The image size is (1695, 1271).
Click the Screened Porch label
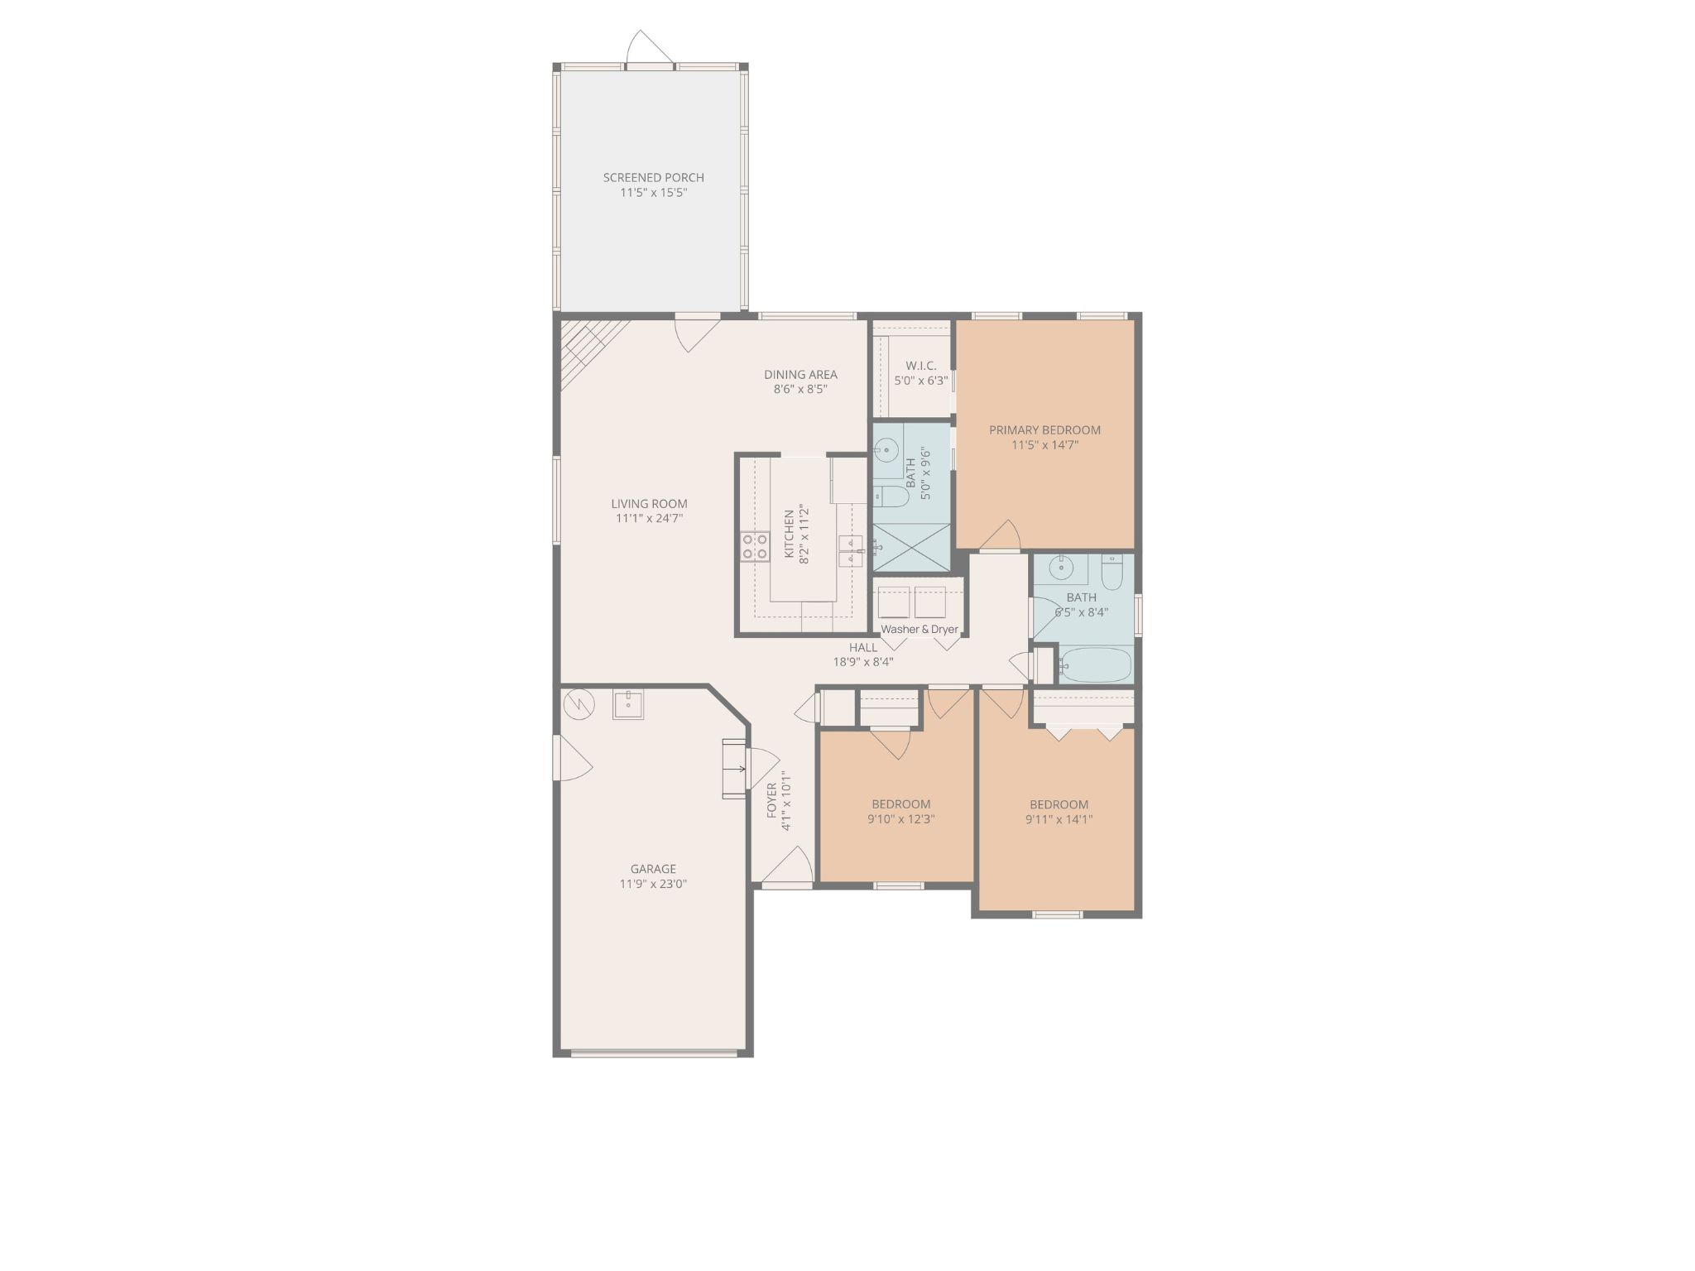click(x=653, y=177)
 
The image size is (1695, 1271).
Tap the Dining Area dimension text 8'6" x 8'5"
click(x=800, y=389)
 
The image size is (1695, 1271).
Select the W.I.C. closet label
click(x=921, y=366)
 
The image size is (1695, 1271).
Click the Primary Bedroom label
click(x=1044, y=429)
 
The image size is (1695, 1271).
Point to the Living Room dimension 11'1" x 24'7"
click(x=649, y=519)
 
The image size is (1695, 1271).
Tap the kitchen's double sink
click(x=852, y=550)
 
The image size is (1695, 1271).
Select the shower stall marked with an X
click(x=911, y=547)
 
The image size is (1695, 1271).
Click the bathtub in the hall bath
click(x=1095, y=664)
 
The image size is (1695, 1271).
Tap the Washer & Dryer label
click(x=920, y=629)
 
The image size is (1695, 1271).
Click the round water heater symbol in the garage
click(x=579, y=705)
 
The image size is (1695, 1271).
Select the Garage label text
click(x=653, y=869)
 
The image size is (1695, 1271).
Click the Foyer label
click(x=772, y=801)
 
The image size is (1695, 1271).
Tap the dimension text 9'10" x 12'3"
click(x=900, y=819)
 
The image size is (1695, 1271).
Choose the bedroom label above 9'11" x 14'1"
click(x=1059, y=804)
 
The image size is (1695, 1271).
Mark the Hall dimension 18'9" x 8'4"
click(x=862, y=662)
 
